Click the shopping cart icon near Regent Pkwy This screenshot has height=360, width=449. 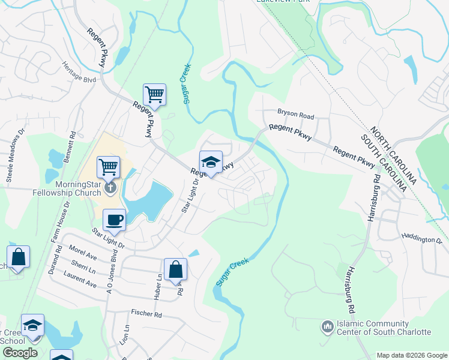[154, 95]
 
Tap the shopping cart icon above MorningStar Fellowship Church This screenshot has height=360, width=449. [108, 167]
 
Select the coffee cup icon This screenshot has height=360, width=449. [113, 220]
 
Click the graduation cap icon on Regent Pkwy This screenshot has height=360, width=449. [211, 162]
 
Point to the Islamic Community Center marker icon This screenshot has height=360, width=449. [327, 326]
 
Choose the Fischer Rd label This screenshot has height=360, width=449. [146, 314]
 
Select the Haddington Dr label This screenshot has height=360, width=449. [421, 239]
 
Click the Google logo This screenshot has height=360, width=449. [20, 353]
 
